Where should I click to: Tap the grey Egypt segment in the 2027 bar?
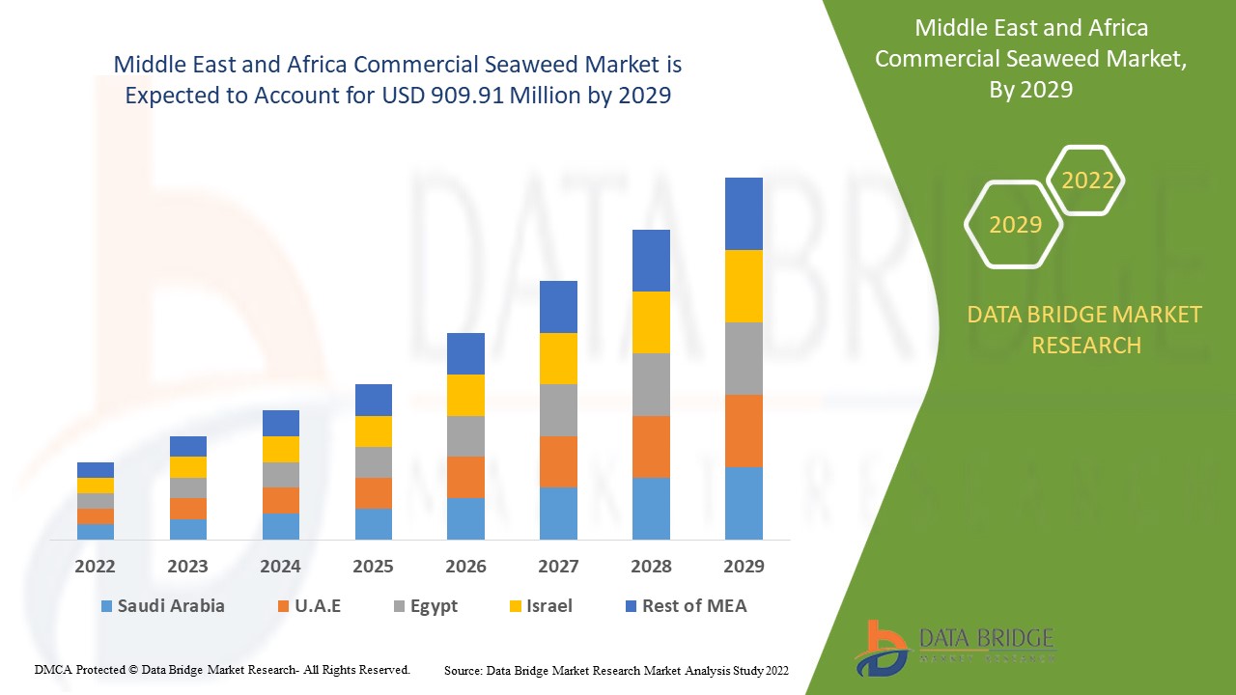[558, 410]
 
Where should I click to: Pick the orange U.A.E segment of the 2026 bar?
[465, 477]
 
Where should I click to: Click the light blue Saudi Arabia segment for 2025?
[373, 523]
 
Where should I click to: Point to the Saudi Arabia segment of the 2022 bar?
[96, 531]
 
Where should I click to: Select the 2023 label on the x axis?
[187, 567]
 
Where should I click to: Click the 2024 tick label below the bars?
[280, 567]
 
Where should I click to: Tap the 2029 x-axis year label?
[744, 567]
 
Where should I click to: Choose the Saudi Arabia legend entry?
[161, 606]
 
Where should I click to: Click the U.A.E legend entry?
[308, 606]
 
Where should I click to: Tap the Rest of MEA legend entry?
[685, 606]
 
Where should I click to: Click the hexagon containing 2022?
[1087, 181]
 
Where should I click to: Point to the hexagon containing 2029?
[1015, 225]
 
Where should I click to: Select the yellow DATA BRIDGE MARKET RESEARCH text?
[1085, 329]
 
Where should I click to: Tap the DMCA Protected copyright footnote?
[222, 669]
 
